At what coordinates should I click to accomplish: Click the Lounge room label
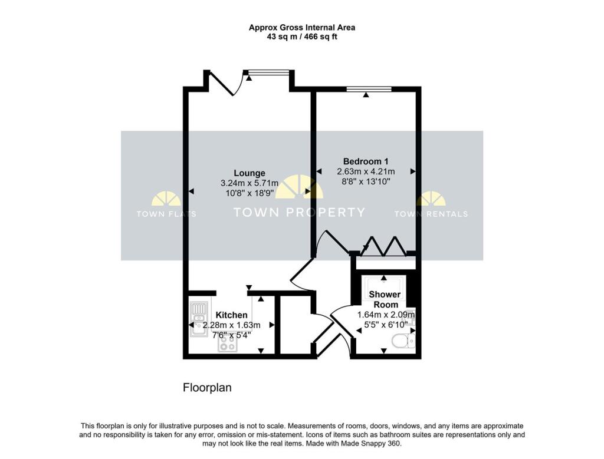click(x=249, y=173)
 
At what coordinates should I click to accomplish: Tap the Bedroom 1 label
click(x=366, y=161)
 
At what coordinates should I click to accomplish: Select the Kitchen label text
click(x=231, y=315)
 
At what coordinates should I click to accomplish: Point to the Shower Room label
click(x=385, y=299)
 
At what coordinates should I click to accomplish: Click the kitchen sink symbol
click(x=198, y=318)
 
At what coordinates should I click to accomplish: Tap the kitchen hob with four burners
click(x=227, y=344)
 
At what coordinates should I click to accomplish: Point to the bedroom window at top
click(x=369, y=90)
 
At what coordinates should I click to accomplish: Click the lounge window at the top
click(x=269, y=72)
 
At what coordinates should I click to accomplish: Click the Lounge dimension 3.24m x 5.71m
click(x=249, y=184)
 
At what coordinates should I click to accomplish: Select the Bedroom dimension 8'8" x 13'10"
click(x=366, y=183)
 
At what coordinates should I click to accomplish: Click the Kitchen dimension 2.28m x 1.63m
click(x=231, y=325)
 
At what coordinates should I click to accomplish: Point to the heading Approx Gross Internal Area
click(x=301, y=27)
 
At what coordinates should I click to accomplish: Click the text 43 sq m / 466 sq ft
click(x=301, y=37)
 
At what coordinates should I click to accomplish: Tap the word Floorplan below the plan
click(x=207, y=388)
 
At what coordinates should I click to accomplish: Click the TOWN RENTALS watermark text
click(x=431, y=214)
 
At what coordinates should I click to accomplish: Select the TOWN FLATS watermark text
click(x=166, y=214)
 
